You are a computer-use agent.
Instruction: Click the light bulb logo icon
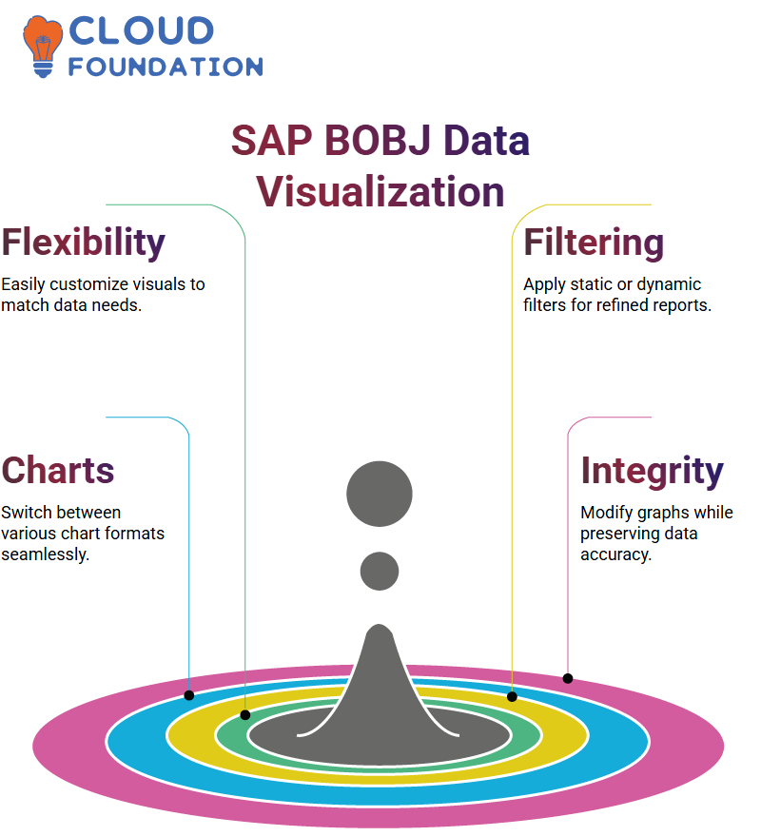[42, 46]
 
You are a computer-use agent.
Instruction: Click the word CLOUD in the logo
[142, 30]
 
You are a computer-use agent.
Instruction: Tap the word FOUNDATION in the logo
[166, 67]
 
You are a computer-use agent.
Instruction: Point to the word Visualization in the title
[380, 192]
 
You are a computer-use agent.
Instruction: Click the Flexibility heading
[83, 243]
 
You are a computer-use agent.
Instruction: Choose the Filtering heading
[594, 243]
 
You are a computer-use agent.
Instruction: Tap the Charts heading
[58, 470]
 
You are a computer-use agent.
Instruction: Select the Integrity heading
[653, 472]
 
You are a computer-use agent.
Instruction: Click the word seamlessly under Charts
[46, 554]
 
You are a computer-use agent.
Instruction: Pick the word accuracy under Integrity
[616, 555]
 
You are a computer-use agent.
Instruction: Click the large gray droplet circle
[380, 494]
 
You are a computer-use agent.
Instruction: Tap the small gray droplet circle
[380, 571]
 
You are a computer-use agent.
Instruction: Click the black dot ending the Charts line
[188, 695]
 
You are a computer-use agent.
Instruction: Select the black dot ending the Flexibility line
[245, 715]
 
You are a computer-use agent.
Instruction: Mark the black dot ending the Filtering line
[512, 697]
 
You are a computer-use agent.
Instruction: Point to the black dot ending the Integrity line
[568, 679]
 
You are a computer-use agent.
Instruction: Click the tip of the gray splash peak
[380, 624]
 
